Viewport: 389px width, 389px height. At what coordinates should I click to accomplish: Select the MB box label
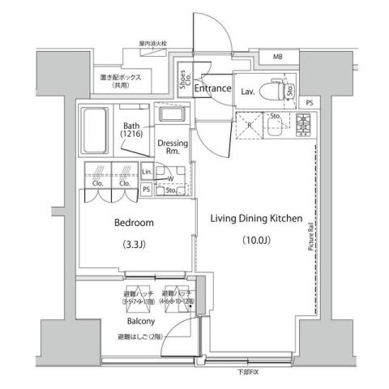[x=277, y=57]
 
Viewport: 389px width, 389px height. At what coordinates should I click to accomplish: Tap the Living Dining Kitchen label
[x=256, y=218]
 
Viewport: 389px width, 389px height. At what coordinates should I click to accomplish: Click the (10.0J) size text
[x=257, y=241]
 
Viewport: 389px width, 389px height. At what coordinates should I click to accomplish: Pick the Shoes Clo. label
[x=184, y=79]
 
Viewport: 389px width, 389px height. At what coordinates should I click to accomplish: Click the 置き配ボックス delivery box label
[x=122, y=79]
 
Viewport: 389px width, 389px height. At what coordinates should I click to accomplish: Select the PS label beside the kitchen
[x=310, y=102]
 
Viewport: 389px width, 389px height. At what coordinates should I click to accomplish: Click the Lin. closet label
[x=147, y=173]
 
